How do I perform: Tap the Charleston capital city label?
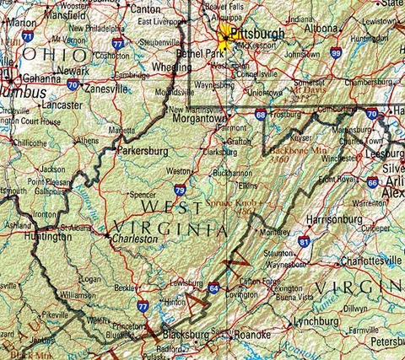point(136,239)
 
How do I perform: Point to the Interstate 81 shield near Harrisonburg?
point(304,242)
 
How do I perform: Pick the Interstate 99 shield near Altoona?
point(336,53)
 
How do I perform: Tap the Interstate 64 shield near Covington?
point(214,288)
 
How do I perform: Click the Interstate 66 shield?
point(372,182)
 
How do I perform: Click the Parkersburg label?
point(142,151)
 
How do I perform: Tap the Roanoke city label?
point(251,334)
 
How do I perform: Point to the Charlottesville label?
point(367,261)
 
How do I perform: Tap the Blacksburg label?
point(185,335)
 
